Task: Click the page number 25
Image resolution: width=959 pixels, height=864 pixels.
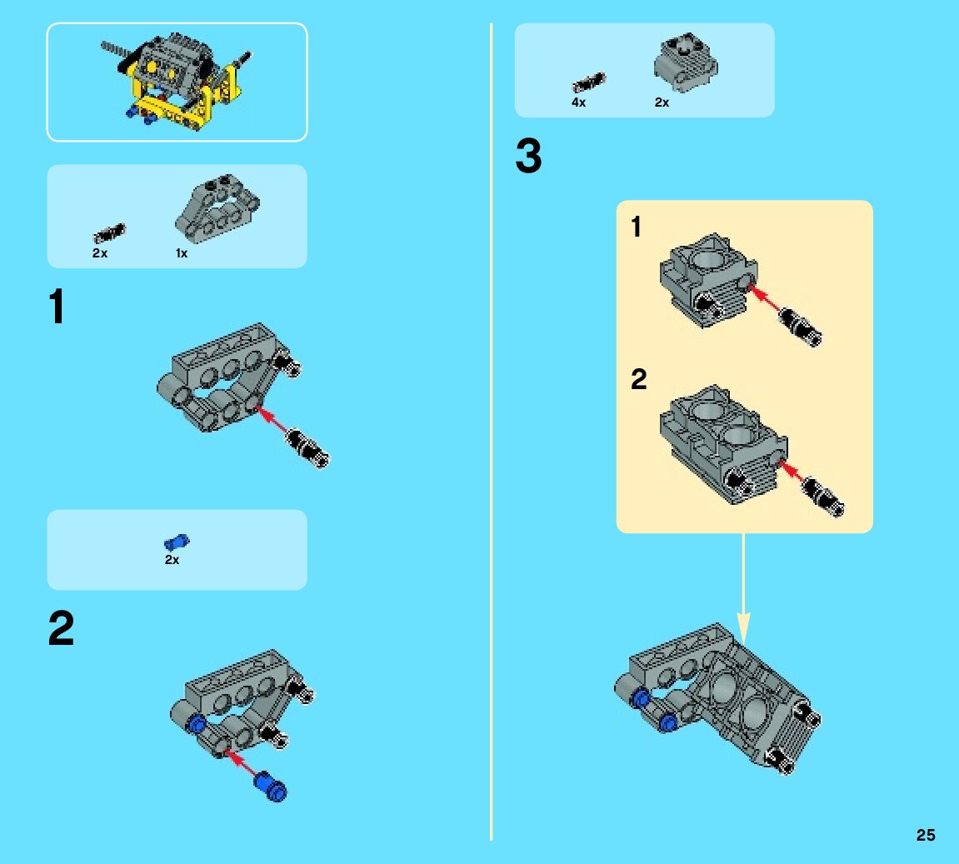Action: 926,835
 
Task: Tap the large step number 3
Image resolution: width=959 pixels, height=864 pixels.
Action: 528,156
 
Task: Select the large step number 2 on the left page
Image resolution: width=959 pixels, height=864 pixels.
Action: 61,628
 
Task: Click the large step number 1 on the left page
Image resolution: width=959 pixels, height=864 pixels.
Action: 57,307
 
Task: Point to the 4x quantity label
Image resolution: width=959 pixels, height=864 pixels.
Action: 578,102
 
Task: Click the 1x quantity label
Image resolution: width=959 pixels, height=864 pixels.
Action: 182,253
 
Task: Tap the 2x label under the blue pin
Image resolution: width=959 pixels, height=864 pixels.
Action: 172,560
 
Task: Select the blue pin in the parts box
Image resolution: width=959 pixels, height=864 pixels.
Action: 177,542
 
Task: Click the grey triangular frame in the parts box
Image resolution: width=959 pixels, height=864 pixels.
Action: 217,208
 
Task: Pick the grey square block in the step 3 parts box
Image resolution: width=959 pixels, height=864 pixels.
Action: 686,63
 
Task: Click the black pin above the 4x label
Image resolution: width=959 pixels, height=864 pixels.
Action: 588,82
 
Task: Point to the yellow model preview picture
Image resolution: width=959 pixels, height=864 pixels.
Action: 177,82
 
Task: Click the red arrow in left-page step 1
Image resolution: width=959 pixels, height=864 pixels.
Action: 272,420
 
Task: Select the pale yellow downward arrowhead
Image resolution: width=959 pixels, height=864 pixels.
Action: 743,627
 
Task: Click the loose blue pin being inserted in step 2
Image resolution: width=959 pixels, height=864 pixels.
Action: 270,787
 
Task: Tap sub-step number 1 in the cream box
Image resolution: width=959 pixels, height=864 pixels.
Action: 636,227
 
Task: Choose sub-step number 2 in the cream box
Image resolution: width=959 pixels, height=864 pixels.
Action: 638,379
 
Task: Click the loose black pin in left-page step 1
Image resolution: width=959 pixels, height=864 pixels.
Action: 307,448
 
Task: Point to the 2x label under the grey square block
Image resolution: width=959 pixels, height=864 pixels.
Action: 662,102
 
